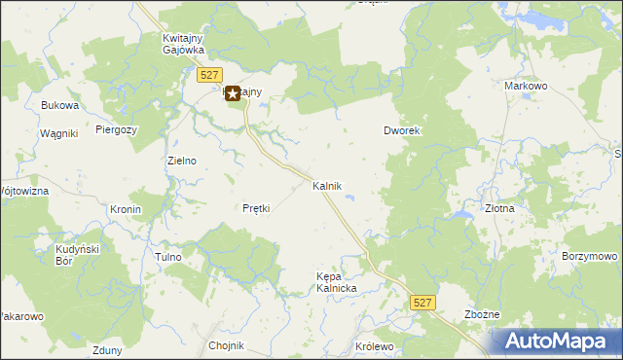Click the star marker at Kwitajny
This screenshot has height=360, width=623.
click(233, 93)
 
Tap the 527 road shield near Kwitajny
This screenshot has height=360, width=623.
click(206, 75)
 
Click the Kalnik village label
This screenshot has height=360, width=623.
click(327, 185)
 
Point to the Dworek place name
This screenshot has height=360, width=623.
click(401, 131)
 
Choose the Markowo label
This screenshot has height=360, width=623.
click(527, 86)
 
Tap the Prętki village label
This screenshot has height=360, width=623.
click(255, 208)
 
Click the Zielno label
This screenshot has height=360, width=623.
click(182, 162)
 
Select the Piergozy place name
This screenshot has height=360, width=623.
click(117, 128)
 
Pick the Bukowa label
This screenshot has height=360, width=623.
click(57, 104)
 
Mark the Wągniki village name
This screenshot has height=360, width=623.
click(58, 133)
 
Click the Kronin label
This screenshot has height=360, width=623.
click(126, 209)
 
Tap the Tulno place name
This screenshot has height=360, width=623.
click(168, 257)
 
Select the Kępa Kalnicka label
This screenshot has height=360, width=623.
click(338, 282)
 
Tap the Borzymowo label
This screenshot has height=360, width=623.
click(590, 256)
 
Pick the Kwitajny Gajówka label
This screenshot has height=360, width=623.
click(181, 45)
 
